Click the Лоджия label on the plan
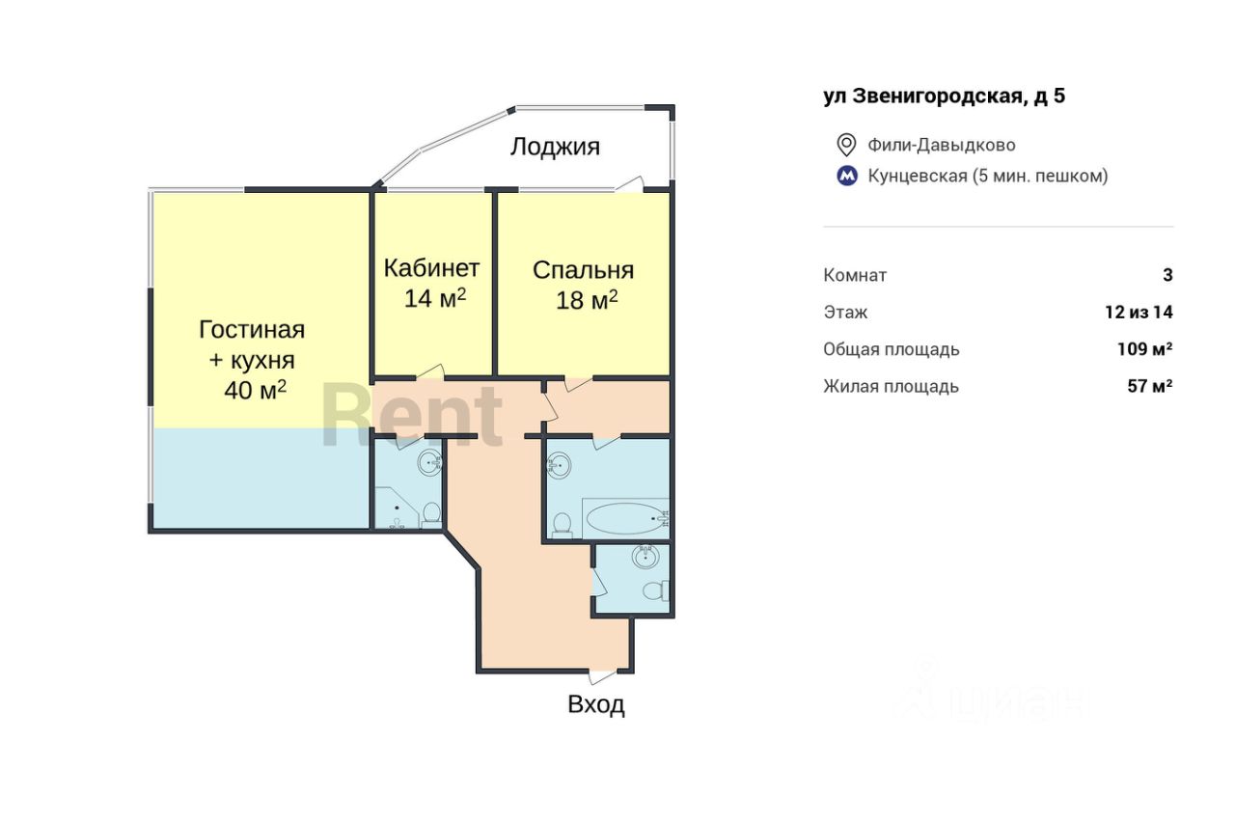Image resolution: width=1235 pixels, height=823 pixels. [555, 147]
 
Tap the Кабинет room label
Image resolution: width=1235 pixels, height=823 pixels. [431, 268]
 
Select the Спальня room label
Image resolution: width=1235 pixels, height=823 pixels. [584, 270]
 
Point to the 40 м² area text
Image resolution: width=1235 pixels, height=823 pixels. [256, 391]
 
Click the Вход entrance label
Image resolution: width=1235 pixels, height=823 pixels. [596, 704]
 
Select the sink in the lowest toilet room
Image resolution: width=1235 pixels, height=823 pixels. [645, 557]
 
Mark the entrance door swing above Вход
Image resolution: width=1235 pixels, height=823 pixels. [602, 677]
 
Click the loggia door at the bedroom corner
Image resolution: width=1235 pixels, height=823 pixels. [630, 184]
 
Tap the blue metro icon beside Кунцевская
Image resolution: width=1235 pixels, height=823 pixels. [847, 176]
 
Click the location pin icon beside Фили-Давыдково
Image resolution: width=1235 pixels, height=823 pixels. [846, 145]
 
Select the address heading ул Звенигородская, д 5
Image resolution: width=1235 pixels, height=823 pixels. [945, 96]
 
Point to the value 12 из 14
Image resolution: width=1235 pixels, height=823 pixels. [1139, 313]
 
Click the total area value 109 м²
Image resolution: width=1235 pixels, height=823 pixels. [1145, 349]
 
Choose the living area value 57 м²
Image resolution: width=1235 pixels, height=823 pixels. [1150, 386]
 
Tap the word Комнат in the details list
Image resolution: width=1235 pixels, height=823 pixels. [855, 275]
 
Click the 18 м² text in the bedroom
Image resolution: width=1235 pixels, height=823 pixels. [587, 300]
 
